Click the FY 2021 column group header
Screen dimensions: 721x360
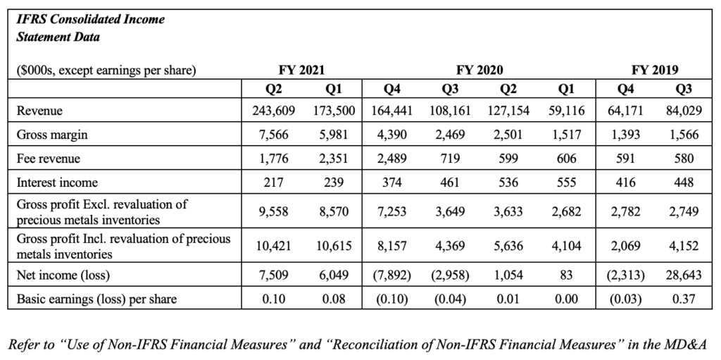(x=301, y=70)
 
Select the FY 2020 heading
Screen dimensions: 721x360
(x=479, y=70)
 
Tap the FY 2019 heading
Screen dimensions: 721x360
(x=655, y=70)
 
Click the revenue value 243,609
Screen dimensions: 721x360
(x=274, y=111)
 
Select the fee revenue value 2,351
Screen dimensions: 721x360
(x=332, y=159)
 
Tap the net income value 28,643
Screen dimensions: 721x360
(x=682, y=275)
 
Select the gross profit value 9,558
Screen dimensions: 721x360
(x=274, y=212)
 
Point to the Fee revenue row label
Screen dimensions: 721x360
(x=49, y=159)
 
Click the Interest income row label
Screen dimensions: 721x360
(x=57, y=182)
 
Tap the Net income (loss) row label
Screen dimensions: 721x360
(x=62, y=275)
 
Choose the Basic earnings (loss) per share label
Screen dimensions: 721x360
(x=96, y=299)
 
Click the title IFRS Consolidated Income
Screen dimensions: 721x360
(x=91, y=20)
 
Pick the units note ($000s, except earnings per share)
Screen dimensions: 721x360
(x=106, y=70)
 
